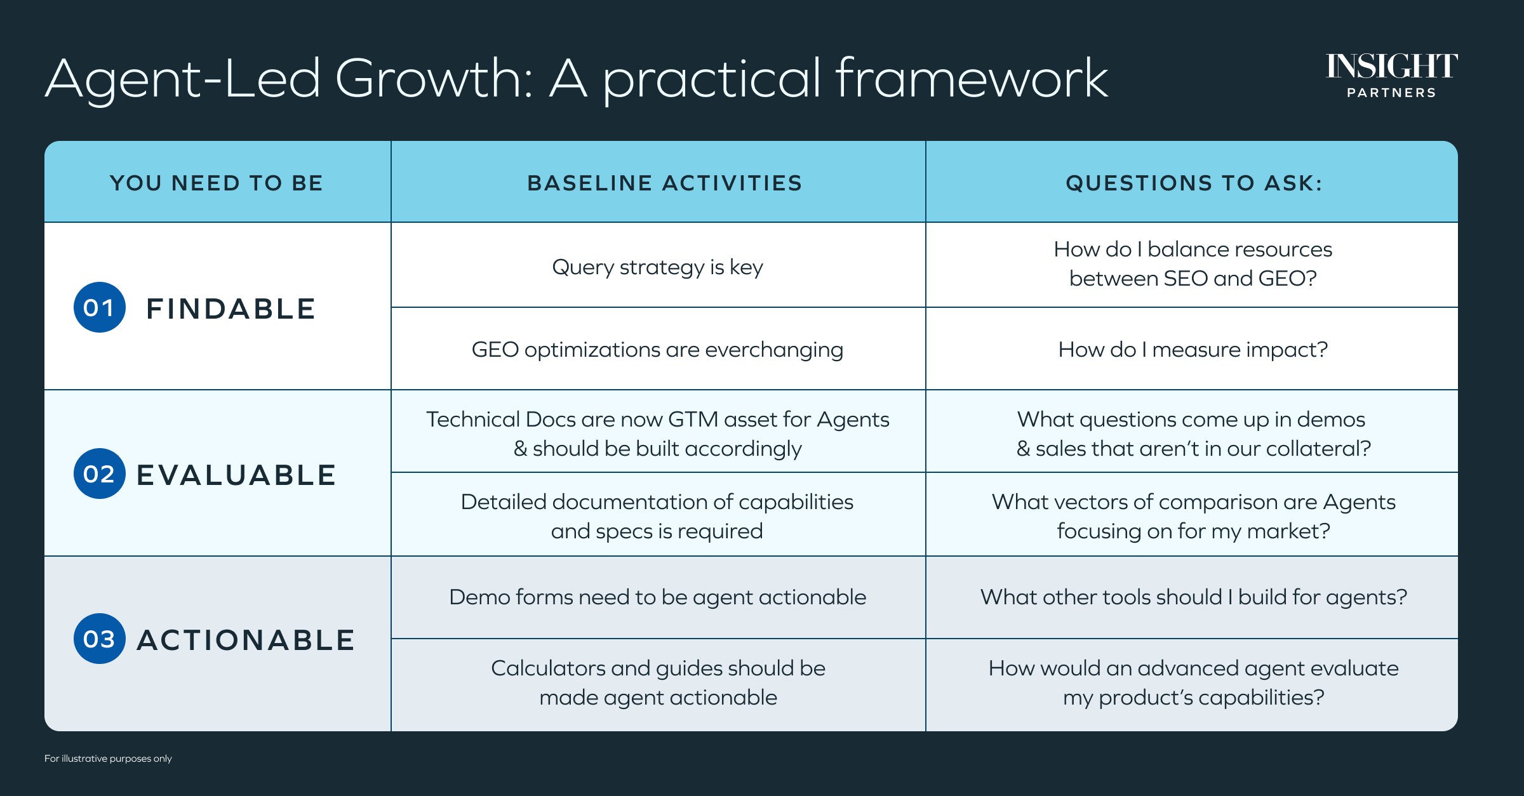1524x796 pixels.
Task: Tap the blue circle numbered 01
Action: tap(100, 307)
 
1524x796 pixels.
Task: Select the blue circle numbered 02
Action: tap(100, 474)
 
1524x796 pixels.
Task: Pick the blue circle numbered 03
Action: tap(100, 639)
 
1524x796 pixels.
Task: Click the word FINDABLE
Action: tap(231, 309)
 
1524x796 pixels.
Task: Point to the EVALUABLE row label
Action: tap(236, 475)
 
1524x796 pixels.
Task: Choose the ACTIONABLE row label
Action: tap(246, 640)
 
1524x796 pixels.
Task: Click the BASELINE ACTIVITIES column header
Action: tap(665, 183)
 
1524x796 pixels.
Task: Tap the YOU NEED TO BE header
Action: tap(217, 183)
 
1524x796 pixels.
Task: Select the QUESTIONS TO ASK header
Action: tap(1194, 183)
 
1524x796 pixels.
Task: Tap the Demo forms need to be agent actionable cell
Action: tap(658, 597)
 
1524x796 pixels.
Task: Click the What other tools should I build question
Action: tap(1194, 597)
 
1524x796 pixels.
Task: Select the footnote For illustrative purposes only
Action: tap(108, 759)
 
